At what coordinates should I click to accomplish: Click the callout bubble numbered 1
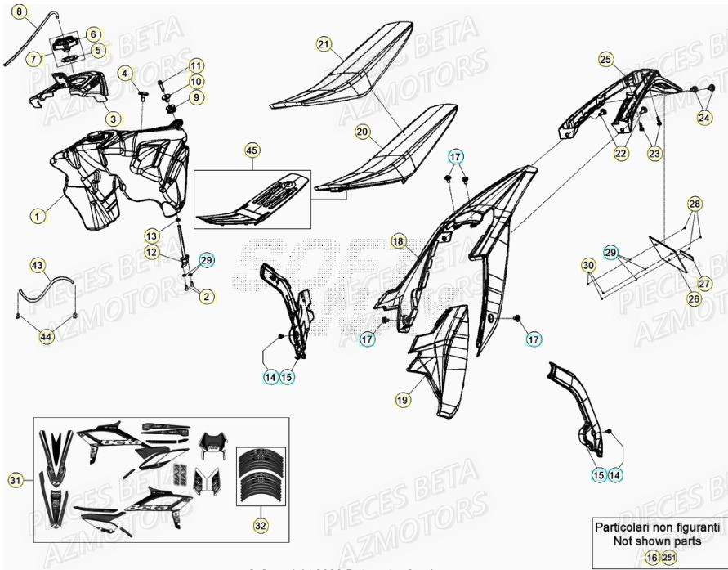click(x=36, y=216)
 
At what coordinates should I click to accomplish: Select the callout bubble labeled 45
click(x=252, y=150)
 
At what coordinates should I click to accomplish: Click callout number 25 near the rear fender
click(x=605, y=59)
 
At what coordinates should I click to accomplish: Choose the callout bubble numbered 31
click(x=16, y=480)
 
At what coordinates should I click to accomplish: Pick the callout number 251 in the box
click(x=669, y=557)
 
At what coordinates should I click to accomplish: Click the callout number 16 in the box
click(x=651, y=557)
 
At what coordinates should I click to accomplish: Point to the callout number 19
click(x=402, y=400)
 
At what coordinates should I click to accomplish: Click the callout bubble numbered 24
click(x=703, y=119)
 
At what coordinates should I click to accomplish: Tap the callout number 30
click(x=588, y=265)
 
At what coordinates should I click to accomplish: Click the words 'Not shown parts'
click(x=656, y=541)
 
